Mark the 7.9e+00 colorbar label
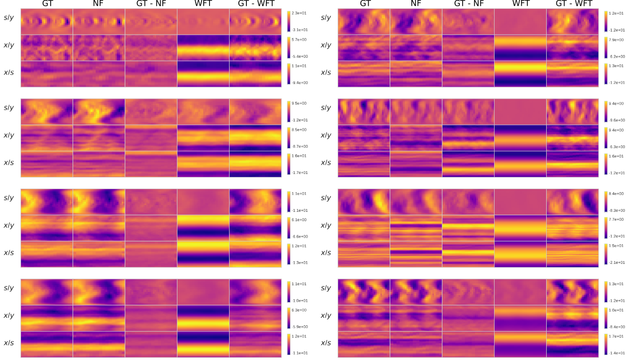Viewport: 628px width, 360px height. [x=616, y=40]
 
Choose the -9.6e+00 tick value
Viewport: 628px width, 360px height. [x=616, y=120]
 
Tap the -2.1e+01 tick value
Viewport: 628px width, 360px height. [x=616, y=263]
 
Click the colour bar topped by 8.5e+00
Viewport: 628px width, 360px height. [x=289, y=138]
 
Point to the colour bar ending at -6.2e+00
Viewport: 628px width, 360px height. [x=606, y=48]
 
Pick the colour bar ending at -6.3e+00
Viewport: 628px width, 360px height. [x=606, y=138]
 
